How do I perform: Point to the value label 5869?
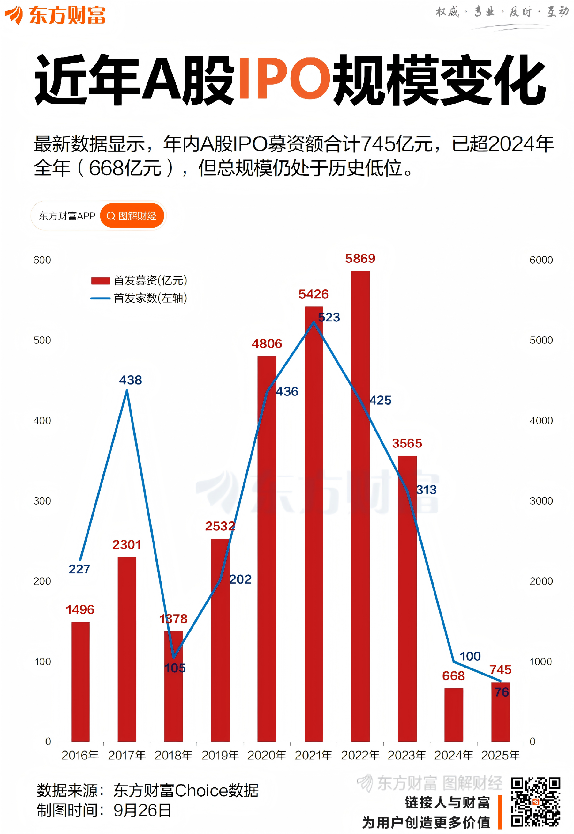[x=360, y=259]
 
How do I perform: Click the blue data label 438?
[x=131, y=380]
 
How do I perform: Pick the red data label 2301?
[x=127, y=545]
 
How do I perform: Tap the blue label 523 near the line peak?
[x=329, y=317]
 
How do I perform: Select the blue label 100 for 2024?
[x=470, y=656]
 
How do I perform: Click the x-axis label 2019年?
[x=220, y=755]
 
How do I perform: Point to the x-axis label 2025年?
[x=500, y=755]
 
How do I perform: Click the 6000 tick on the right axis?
[x=541, y=260]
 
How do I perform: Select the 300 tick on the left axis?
[x=42, y=501]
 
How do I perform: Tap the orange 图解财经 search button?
[x=132, y=216]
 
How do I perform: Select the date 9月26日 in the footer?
[x=142, y=810]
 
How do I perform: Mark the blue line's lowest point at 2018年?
[x=174, y=658]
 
